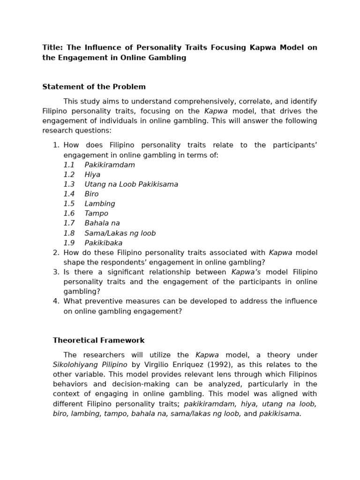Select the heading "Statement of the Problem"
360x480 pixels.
(94, 87)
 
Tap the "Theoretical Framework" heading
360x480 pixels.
(98, 340)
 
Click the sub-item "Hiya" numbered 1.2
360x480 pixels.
(92, 175)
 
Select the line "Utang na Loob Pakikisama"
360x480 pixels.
(131, 185)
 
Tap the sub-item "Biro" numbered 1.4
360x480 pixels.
(91, 194)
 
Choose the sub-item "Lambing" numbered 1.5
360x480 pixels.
(99, 204)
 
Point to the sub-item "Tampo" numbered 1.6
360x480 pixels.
(96, 214)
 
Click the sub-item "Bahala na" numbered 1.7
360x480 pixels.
(102, 224)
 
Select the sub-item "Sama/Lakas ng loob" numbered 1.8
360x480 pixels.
(120, 233)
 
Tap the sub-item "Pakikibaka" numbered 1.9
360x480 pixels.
(103, 243)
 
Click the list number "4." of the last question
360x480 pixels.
(56, 301)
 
